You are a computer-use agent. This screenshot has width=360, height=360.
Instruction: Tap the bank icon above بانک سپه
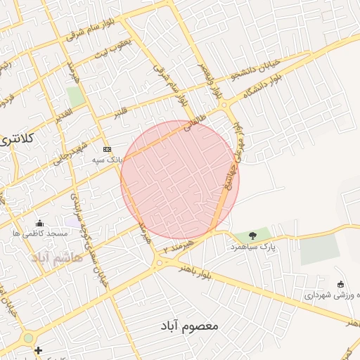point(107,149)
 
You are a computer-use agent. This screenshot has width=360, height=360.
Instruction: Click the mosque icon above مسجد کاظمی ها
point(39,223)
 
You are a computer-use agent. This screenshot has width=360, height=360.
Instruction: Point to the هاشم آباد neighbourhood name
point(57,257)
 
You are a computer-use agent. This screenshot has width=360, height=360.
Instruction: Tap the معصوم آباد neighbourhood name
point(185,327)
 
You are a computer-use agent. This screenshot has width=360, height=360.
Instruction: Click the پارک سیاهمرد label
point(252,247)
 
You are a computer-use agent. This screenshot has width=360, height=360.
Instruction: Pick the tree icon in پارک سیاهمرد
point(252,236)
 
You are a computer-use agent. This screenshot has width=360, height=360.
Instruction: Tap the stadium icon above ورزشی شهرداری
point(341,284)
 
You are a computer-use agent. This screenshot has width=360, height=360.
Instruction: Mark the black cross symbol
point(38,350)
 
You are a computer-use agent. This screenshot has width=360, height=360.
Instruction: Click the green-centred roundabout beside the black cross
point(28,337)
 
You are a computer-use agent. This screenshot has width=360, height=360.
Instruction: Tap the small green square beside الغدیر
point(76,96)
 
